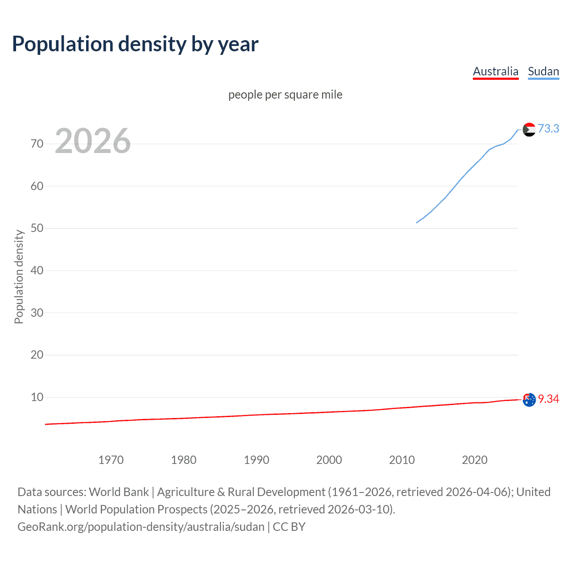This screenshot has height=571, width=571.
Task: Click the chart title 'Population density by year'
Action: pos(135,44)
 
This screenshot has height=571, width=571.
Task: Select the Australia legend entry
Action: pos(495,71)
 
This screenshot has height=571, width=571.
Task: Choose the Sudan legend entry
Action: pos(543,71)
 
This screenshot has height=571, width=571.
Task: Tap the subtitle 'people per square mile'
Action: pos(285,95)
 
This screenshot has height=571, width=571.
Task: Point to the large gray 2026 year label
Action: pos(93,141)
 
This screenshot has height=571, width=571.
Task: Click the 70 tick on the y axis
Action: pos(37,144)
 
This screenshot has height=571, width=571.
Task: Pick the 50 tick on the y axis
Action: pos(37,228)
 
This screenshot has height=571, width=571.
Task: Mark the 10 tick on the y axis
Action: pos(37,397)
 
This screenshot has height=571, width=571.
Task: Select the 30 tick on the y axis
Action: pos(37,313)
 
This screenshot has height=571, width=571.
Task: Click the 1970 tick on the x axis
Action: pos(111,460)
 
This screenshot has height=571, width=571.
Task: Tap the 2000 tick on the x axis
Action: pos(329,460)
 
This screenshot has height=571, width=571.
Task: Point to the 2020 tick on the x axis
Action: pos(474,460)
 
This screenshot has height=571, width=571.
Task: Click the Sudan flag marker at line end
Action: pos(529,129)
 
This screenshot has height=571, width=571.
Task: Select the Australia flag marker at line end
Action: pos(529,400)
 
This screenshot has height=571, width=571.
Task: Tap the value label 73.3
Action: pos(548,128)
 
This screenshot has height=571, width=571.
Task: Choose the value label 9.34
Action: pos(548,399)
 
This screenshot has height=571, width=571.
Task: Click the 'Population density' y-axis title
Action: pos(19,277)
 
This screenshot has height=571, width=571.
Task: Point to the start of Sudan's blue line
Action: pos(417,223)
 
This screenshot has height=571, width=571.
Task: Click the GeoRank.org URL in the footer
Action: pos(141,527)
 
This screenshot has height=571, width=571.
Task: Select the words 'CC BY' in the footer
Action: pos(289,527)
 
